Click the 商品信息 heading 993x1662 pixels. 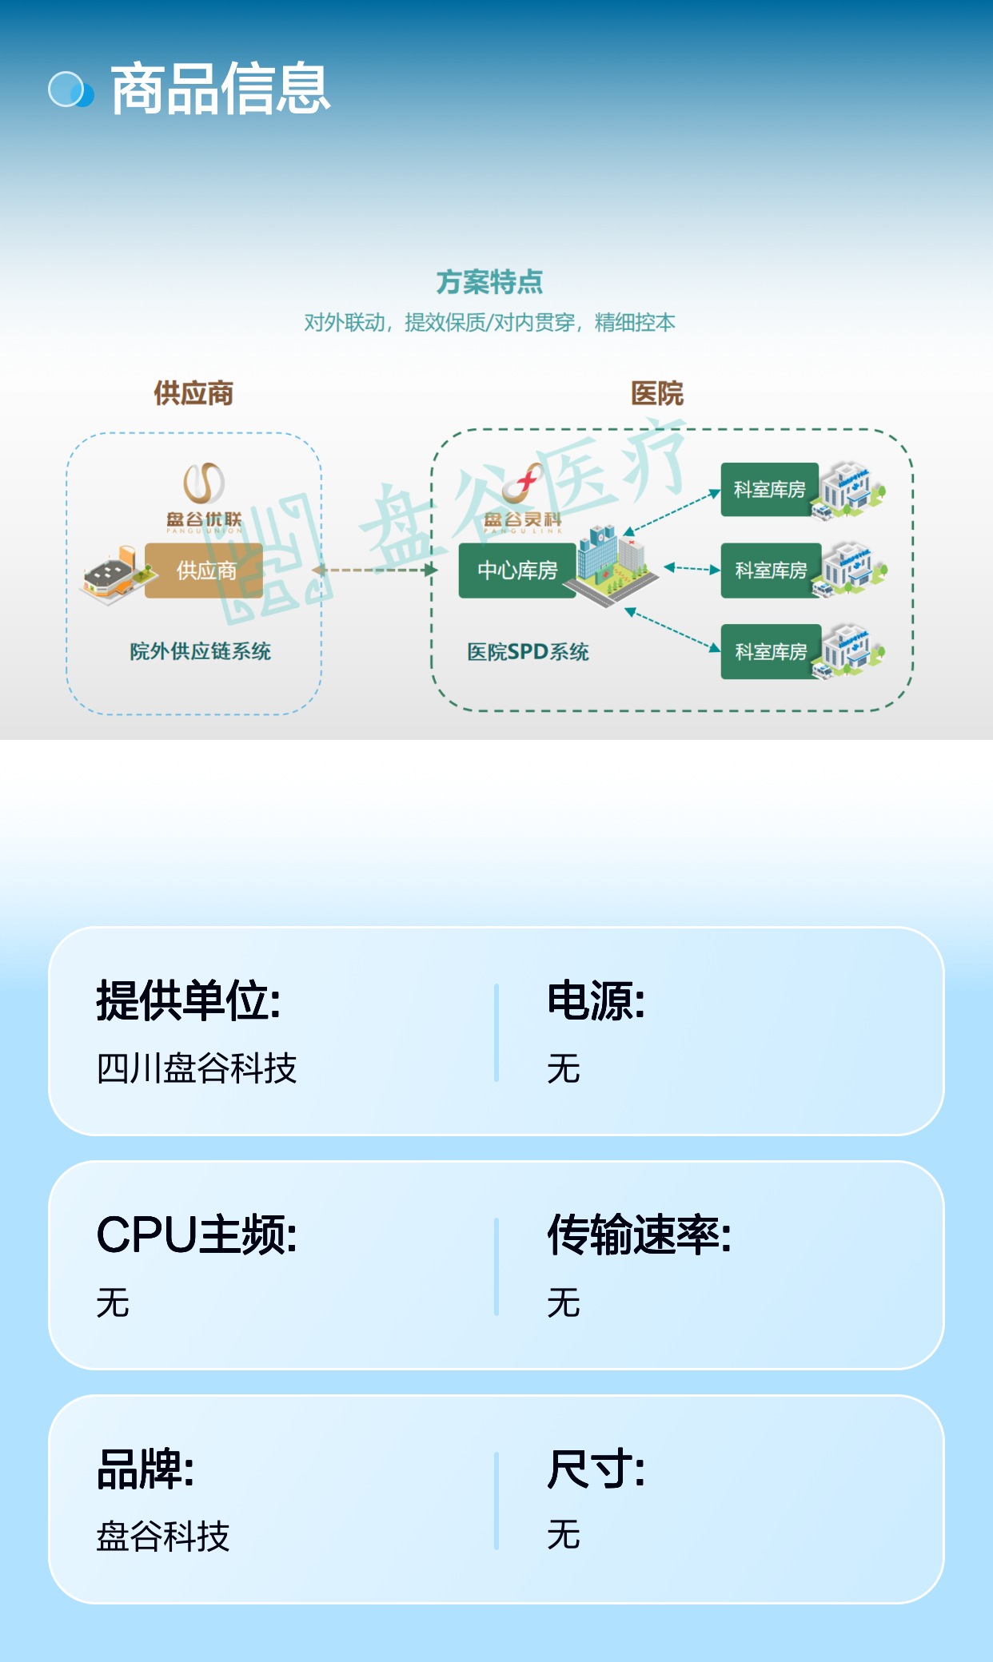click(220, 89)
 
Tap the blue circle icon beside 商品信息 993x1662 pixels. click(71, 89)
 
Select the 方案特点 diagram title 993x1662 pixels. click(489, 282)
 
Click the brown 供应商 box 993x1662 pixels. click(204, 571)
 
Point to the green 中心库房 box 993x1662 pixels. click(517, 571)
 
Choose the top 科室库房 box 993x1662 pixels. click(770, 489)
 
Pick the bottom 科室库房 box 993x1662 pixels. click(771, 652)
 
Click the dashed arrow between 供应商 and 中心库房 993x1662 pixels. click(375, 570)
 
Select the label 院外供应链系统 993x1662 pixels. click(200, 651)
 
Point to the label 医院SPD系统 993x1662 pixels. click(528, 652)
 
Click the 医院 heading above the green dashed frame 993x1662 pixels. click(657, 393)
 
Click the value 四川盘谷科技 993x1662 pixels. click(197, 1068)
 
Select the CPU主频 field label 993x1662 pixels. click(197, 1235)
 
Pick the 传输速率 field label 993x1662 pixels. click(639, 1235)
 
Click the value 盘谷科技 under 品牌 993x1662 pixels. click(163, 1536)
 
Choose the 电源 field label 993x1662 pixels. click(596, 1000)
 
